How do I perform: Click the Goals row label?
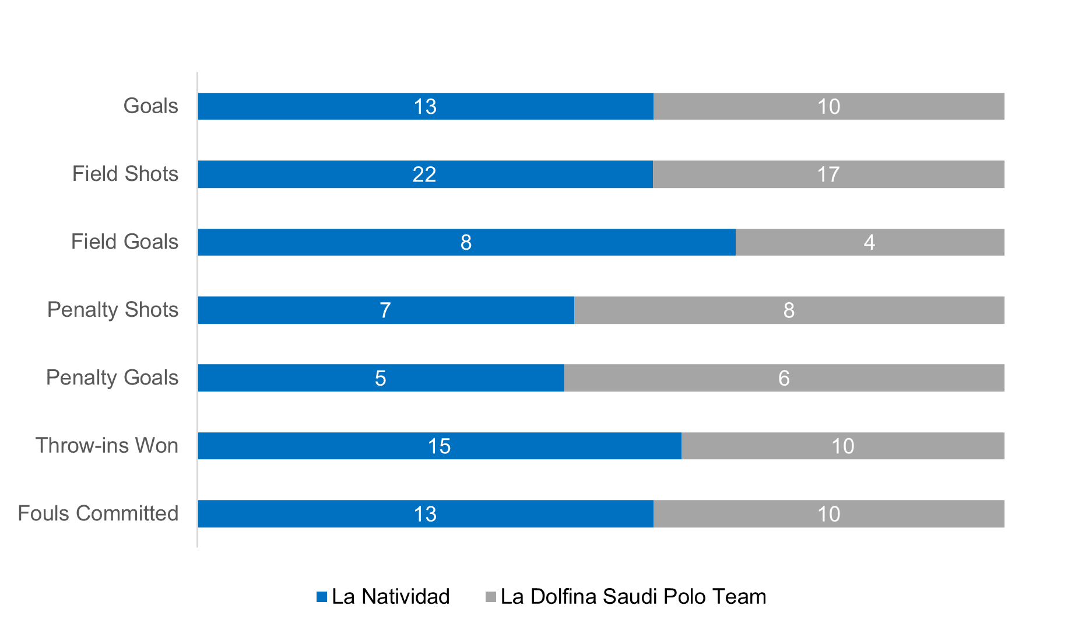pos(151,106)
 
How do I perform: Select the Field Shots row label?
pos(125,174)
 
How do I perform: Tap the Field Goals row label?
pos(125,242)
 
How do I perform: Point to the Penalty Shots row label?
pos(113,310)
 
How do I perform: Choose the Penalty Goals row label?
pos(112,378)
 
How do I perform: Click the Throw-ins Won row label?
pos(107,446)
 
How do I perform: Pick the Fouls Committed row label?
pos(98,514)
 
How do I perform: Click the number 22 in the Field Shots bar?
pos(424,174)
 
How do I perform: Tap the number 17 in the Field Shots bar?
pos(828,174)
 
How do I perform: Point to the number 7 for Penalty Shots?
pos(385,310)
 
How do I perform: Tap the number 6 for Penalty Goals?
pos(784,378)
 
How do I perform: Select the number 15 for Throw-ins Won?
pos(439,446)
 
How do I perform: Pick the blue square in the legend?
pos(322,597)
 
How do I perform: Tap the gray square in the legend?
pos(491,597)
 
